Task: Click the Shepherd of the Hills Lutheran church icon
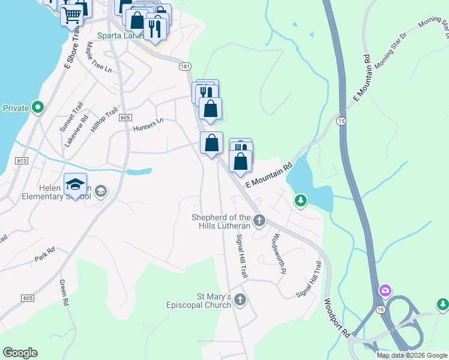pyautogui.click(x=259, y=221)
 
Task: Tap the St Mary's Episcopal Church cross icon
pyautogui.click(x=240, y=299)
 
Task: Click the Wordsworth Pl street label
pyautogui.click(x=277, y=253)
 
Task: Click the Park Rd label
pyautogui.click(x=44, y=254)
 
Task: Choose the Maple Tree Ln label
pyautogui.click(x=99, y=58)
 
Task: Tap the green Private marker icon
pyautogui.click(x=38, y=108)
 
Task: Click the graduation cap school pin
pyautogui.click(x=76, y=184)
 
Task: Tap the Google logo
pyautogui.click(x=20, y=353)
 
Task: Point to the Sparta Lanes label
pyautogui.click(x=122, y=35)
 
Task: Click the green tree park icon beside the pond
pyautogui.click(x=301, y=200)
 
